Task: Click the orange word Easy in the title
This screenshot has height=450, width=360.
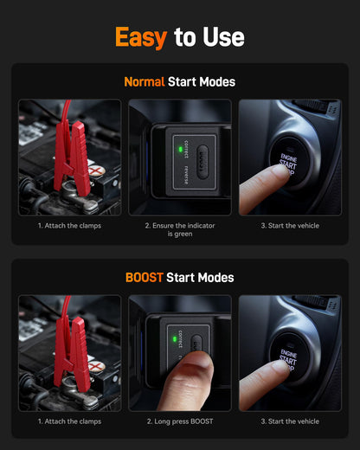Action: pyautogui.click(x=142, y=37)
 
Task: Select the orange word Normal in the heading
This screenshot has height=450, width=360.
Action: pyautogui.click(x=145, y=82)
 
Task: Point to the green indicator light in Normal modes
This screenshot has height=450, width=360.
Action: pyautogui.click(x=178, y=148)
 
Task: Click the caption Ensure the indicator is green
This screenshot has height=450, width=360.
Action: pyautogui.click(x=180, y=229)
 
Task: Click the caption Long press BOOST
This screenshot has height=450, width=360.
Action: pyautogui.click(x=180, y=421)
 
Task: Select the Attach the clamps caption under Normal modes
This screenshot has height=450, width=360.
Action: pyautogui.click(x=69, y=226)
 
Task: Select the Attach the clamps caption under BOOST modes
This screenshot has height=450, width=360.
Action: pyautogui.click(x=69, y=421)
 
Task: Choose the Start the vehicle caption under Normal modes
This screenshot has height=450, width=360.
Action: pyautogui.click(x=290, y=226)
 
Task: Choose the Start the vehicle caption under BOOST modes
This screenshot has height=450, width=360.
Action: pyautogui.click(x=290, y=421)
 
